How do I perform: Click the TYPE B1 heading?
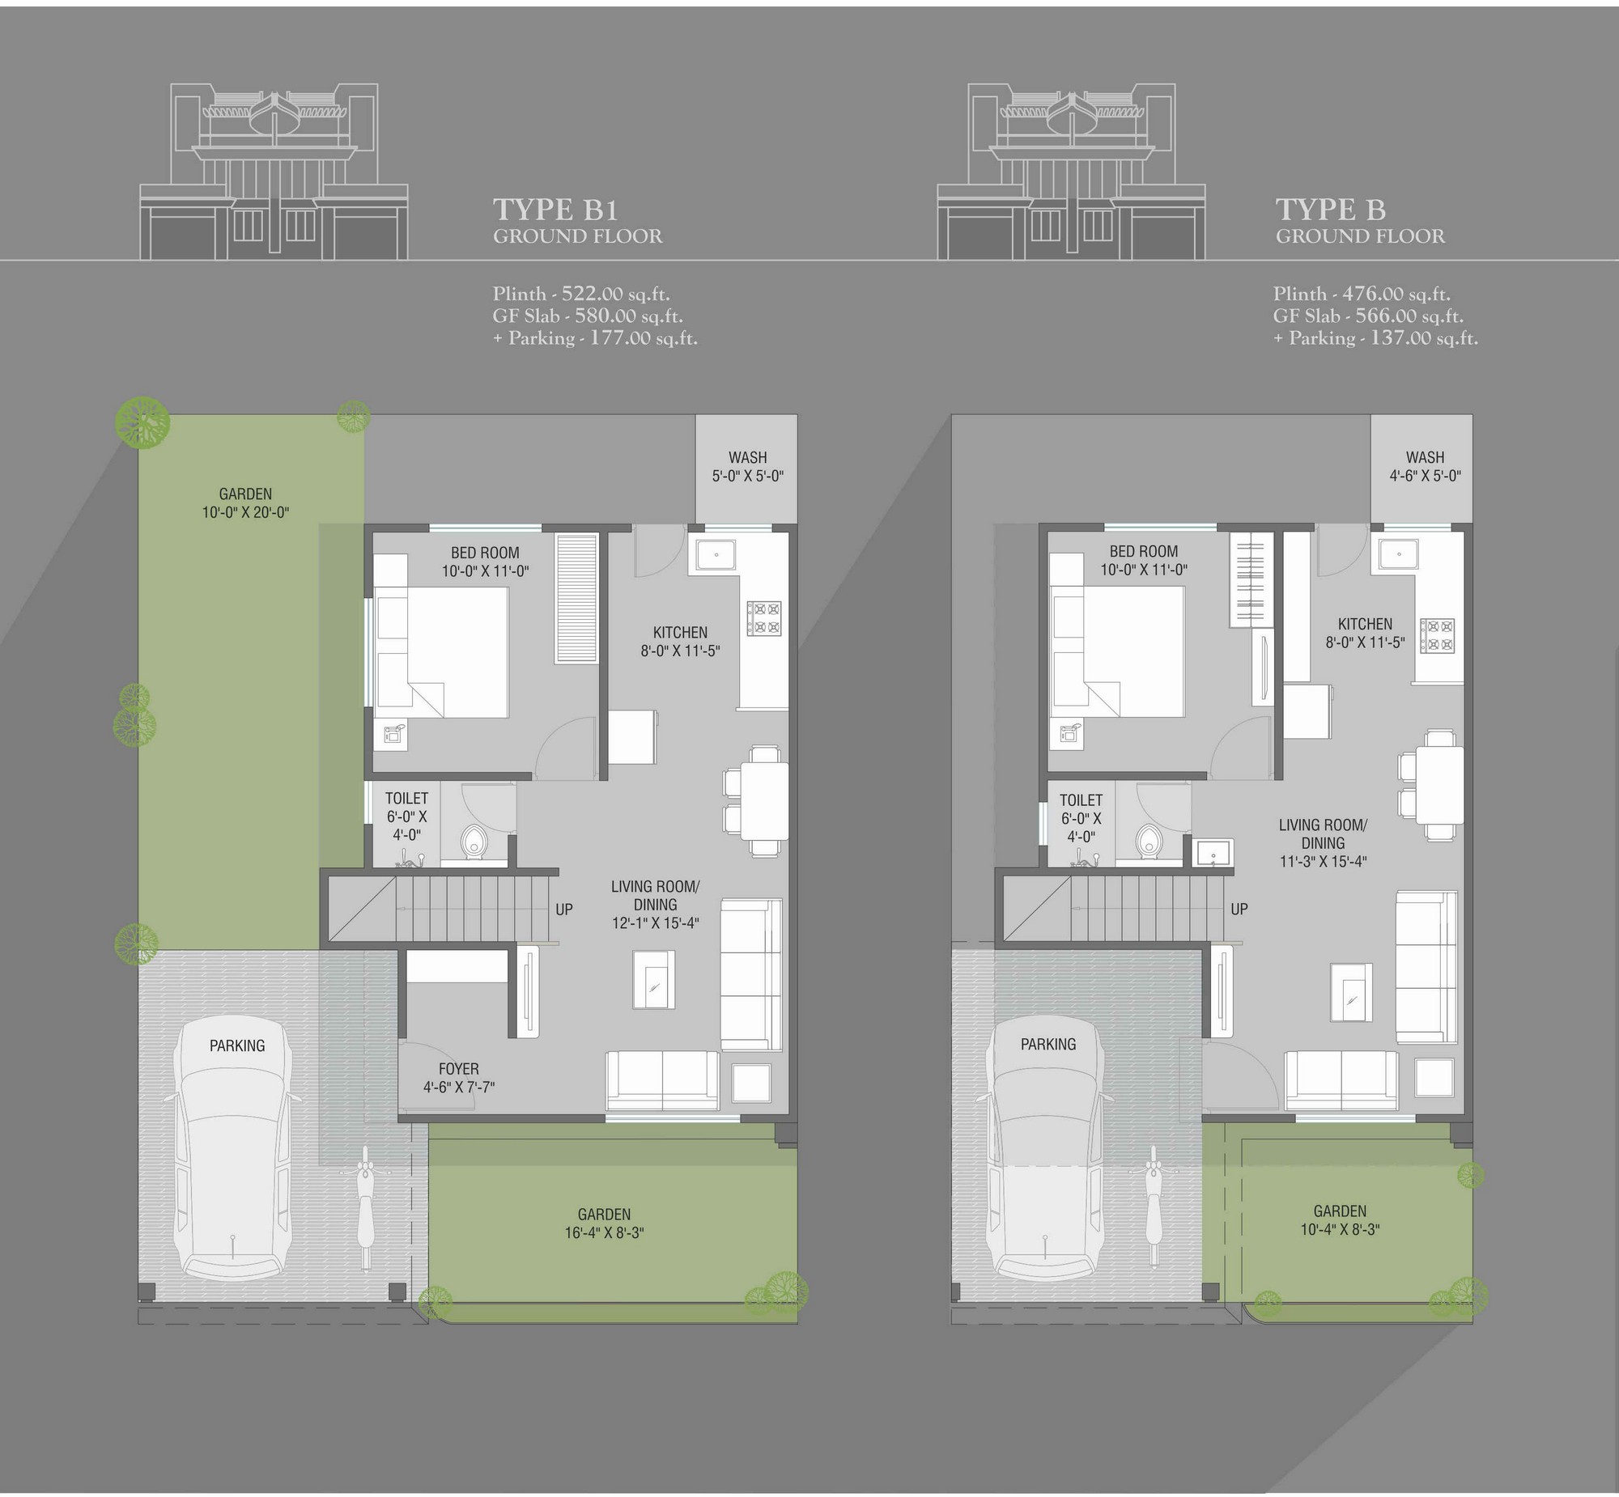click(556, 210)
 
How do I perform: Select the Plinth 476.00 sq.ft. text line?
click(1362, 294)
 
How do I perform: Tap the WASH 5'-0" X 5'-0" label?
click(747, 467)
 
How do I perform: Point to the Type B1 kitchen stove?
click(763, 617)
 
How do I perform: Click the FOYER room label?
click(459, 1068)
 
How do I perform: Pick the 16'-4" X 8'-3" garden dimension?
click(605, 1233)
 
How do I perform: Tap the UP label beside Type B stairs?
click(1239, 909)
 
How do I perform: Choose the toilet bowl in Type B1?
click(473, 841)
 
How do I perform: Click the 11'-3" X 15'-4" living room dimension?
click(1324, 861)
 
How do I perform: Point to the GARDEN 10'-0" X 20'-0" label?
click(245, 503)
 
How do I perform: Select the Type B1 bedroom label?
click(486, 562)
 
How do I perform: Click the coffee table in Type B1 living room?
click(654, 979)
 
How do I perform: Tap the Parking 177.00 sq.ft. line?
click(596, 337)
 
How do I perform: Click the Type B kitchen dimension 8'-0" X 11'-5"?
click(1366, 642)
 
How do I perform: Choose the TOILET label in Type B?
click(1081, 799)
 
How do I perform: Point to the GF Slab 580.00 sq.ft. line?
click(589, 316)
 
